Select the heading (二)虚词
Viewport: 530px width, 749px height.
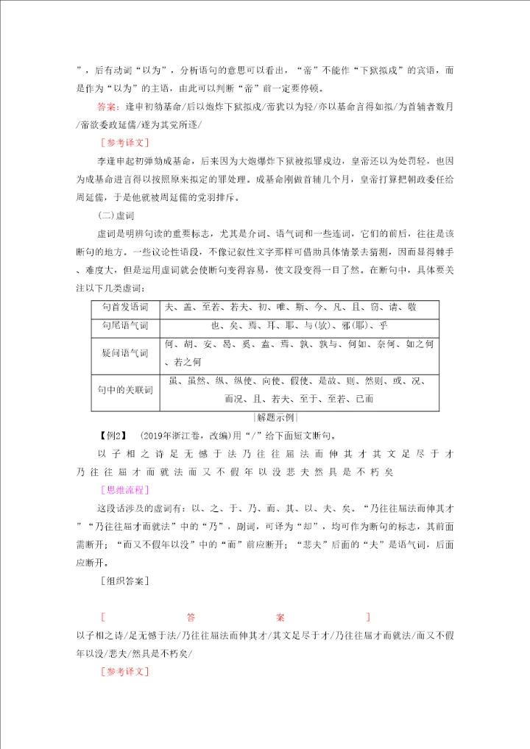pos(116,216)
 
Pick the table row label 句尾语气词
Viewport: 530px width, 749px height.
pos(124,325)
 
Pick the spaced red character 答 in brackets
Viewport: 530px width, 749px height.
pos(191,617)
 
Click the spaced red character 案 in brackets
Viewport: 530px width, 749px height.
pos(280,617)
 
